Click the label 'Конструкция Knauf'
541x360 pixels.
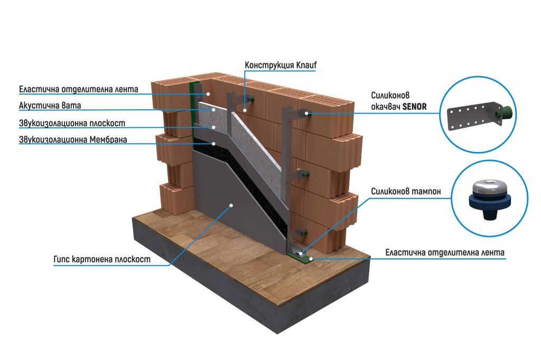pos(281,65)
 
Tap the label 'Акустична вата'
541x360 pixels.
pos(50,106)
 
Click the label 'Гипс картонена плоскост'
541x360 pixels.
pos(102,259)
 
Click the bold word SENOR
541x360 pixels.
pos(414,106)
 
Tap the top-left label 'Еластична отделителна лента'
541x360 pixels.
pos(78,89)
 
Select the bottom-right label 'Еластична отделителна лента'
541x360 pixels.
pos(445,253)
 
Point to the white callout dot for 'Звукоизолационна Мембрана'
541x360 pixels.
pos(214,144)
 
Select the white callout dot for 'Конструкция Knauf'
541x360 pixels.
pos(245,110)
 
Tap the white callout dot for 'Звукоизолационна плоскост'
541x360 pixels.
pos(214,127)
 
